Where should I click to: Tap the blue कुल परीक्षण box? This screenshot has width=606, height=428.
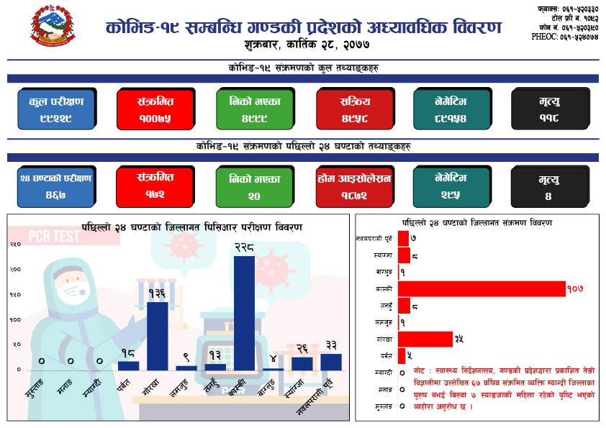click(x=56, y=109)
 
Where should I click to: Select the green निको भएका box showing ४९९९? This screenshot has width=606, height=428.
click(x=254, y=109)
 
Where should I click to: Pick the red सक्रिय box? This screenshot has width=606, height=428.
click(x=353, y=109)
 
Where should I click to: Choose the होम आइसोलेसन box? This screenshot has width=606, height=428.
click(x=353, y=186)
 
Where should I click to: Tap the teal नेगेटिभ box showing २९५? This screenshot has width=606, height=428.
click(x=451, y=186)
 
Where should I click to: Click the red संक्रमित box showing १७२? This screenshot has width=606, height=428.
click(x=155, y=186)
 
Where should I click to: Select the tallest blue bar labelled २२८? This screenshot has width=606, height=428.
click(x=244, y=312)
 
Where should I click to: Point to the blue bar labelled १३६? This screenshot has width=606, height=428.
click(x=158, y=335)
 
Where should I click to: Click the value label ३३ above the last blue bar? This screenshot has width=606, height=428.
click(x=332, y=345)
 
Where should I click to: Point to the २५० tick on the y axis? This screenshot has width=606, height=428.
click(x=15, y=245)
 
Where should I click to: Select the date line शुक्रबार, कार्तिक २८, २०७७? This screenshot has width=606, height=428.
click(x=303, y=45)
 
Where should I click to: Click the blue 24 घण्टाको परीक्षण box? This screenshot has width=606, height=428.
click(x=56, y=186)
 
